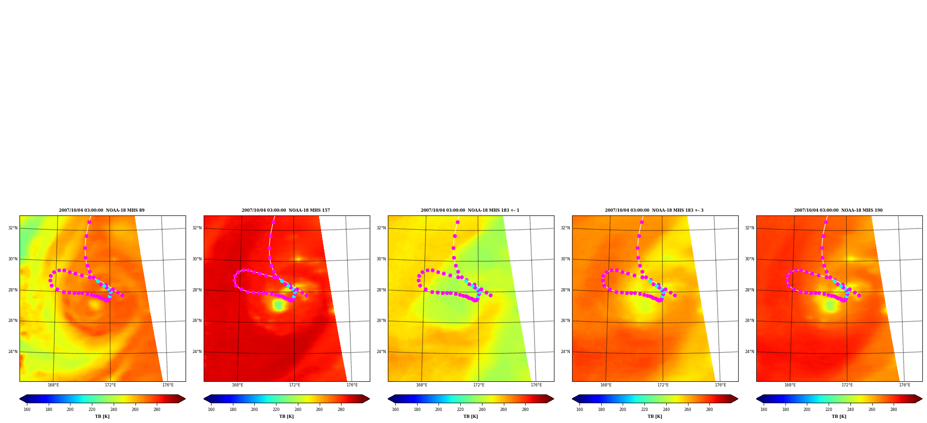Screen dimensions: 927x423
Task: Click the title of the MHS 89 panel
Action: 102,210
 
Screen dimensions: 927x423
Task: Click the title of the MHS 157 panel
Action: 286,210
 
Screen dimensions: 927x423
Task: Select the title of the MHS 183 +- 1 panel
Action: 470,210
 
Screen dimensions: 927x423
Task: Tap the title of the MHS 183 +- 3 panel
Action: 654,210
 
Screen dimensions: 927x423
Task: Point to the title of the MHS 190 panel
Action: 838,210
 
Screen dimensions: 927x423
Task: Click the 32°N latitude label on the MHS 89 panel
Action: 13,228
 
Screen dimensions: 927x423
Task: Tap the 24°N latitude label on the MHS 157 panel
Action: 197,352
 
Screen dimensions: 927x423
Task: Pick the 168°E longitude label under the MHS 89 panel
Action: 53,385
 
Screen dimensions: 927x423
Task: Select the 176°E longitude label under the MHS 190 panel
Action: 905,385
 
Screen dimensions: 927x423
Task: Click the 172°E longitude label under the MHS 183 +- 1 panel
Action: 479,385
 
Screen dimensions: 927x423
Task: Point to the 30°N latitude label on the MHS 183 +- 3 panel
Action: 566,259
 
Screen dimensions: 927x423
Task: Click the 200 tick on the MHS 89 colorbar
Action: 70,410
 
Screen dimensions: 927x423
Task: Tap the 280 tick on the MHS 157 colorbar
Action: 341,410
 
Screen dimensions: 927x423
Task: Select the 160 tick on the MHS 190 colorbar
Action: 764,410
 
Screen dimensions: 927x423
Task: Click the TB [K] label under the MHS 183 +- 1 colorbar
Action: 470,417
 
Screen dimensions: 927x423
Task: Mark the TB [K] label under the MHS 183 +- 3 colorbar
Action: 655,417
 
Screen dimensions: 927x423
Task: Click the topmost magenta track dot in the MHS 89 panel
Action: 89,222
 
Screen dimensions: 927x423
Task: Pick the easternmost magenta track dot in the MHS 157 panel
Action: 306,295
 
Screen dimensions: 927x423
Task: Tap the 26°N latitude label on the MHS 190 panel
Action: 750,321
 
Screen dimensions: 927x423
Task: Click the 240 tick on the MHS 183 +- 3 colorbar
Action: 666,410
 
